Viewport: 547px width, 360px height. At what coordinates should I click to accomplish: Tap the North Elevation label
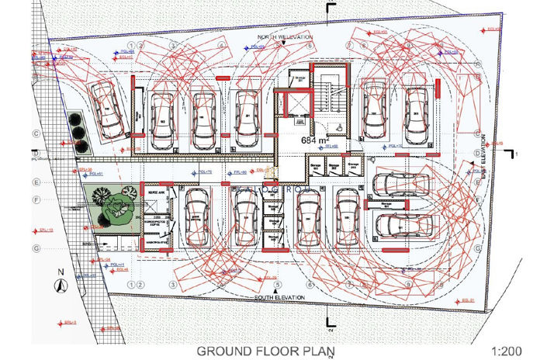coord(286,37)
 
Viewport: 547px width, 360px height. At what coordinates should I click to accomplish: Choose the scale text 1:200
coord(507,351)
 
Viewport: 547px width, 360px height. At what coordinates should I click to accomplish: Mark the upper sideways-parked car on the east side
coord(400,185)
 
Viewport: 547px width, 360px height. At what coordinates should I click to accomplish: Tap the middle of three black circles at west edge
coord(76,132)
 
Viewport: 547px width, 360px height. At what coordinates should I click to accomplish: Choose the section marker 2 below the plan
coord(330,317)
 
